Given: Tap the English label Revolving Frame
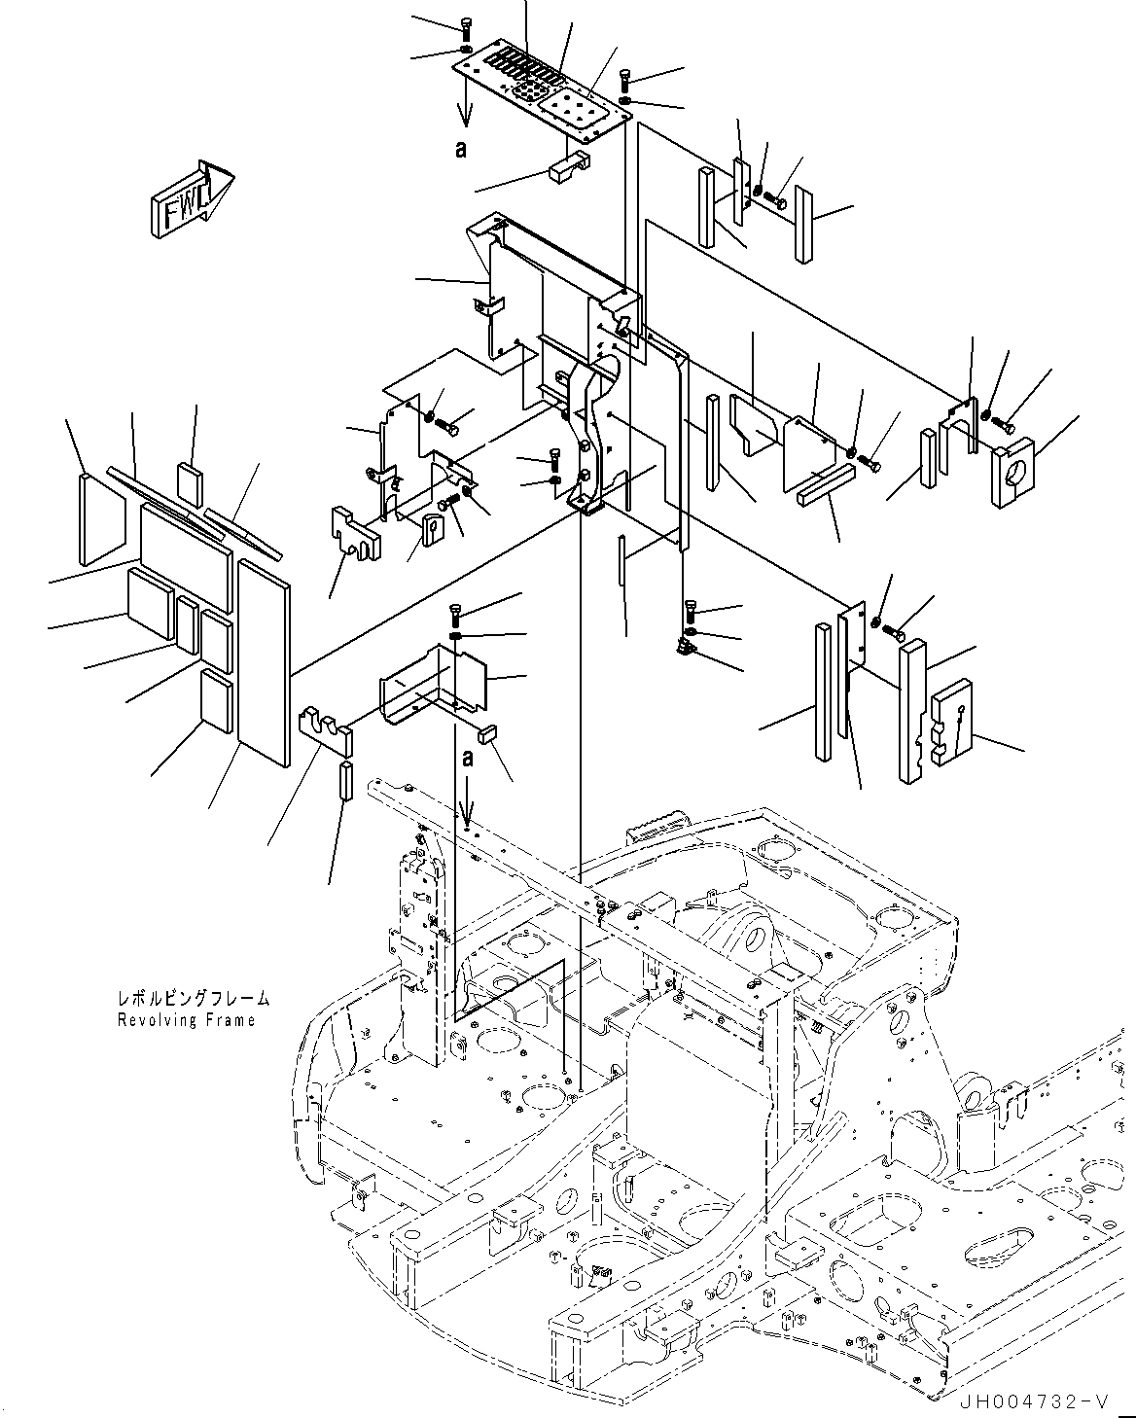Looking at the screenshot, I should (186, 1020).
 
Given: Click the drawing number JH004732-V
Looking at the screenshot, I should (1033, 1400).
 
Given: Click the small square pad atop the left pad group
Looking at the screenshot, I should (192, 482).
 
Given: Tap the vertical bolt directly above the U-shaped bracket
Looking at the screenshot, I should (455, 616).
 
